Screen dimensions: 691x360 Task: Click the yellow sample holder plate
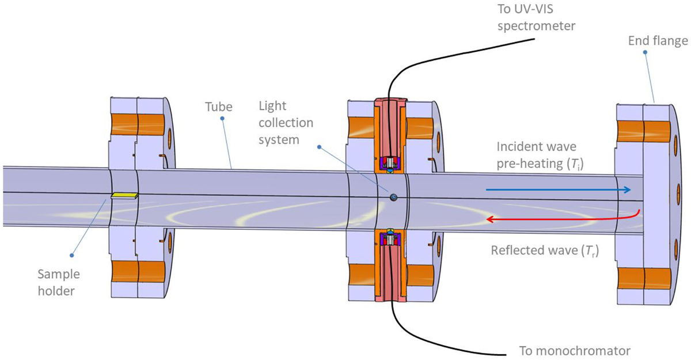[124, 196]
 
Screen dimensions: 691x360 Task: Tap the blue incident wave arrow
[558, 190]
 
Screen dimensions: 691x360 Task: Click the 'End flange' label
[658, 41]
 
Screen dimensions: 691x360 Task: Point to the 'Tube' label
[219, 107]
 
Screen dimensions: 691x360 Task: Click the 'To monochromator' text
[575, 351]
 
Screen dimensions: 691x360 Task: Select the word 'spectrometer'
[536, 26]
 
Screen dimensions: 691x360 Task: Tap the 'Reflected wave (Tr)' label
[545, 251]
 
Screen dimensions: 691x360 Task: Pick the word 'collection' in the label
[286, 123]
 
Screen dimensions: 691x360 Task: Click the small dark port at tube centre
[393, 197]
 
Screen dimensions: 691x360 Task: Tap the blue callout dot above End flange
[645, 52]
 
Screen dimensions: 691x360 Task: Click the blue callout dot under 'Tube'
[222, 119]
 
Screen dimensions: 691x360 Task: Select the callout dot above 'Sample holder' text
[71, 255]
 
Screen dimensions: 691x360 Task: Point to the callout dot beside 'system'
[319, 147]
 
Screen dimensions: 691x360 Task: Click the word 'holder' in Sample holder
[56, 291]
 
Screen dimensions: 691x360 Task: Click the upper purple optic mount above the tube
[390, 162]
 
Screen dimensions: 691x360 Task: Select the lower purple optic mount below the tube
[390, 240]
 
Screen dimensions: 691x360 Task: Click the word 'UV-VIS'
[525, 9]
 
